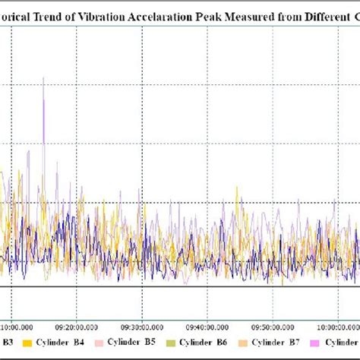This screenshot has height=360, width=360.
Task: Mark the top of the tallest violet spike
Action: point(43,77)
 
